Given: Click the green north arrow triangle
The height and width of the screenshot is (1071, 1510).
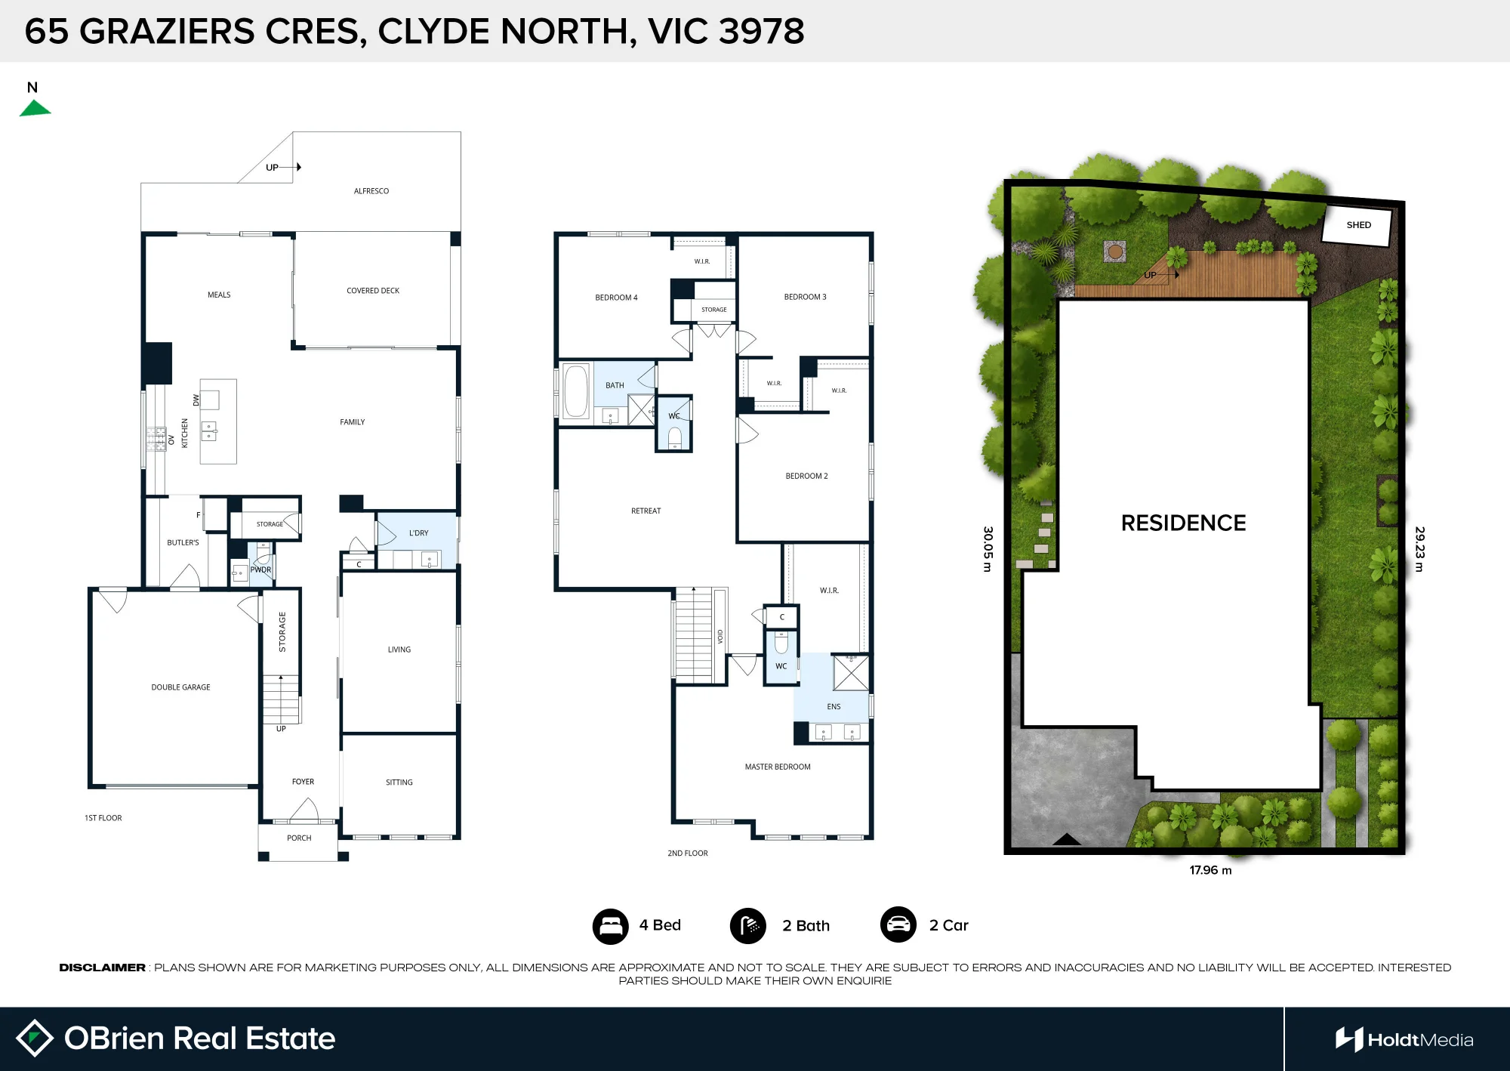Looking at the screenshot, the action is click(35, 108).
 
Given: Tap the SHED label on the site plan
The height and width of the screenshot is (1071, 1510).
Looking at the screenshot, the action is click(1358, 225).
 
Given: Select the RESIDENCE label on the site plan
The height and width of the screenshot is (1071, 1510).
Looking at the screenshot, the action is click(1183, 523).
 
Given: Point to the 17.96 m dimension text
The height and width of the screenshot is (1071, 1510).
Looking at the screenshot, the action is click(1210, 870).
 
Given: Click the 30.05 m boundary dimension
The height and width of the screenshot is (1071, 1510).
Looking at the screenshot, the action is click(988, 549).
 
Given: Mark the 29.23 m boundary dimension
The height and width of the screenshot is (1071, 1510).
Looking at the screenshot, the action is click(1419, 549).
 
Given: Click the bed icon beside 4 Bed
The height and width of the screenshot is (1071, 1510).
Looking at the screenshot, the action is click(610, 926).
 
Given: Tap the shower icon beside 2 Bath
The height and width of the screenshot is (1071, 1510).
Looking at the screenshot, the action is click(748, 926).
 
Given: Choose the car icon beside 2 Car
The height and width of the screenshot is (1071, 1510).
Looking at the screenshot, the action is click(898, 925).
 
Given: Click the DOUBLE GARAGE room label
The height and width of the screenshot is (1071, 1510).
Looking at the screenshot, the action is click(180, 687).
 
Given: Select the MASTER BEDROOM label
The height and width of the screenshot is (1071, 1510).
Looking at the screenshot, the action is click(778, 767).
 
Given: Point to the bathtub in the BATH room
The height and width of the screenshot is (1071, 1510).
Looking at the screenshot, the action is click(576, 391).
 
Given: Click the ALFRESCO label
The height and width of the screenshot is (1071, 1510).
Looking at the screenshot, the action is click(371, 191).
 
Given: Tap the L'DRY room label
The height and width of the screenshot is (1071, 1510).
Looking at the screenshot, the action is click(418, 533).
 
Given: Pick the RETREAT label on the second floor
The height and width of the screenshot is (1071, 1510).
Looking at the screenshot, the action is click(646, 511).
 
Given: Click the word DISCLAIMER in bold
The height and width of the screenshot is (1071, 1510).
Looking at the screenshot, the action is click(102, 968).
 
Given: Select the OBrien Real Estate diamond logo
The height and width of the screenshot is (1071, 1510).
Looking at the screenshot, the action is click(34, 1039).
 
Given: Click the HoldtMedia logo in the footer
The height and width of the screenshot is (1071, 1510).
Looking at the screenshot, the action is click(1404, 1040).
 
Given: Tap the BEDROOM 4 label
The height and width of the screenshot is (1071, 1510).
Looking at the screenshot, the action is click(616, 298).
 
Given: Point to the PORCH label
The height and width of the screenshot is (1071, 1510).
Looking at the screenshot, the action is click(299, 838).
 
